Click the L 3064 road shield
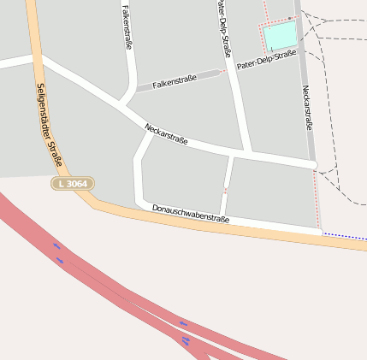[x=73, y=184]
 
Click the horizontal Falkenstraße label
[x=175, y=82]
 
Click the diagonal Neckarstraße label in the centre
[x=166, y=133]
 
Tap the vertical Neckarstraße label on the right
[x=306, y=107]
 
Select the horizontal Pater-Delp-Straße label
[x=266, y=59]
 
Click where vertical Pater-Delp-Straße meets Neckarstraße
[x=245, y=152]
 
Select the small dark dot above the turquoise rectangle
[x=291, y=17]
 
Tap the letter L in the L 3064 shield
[x=60, y=184]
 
